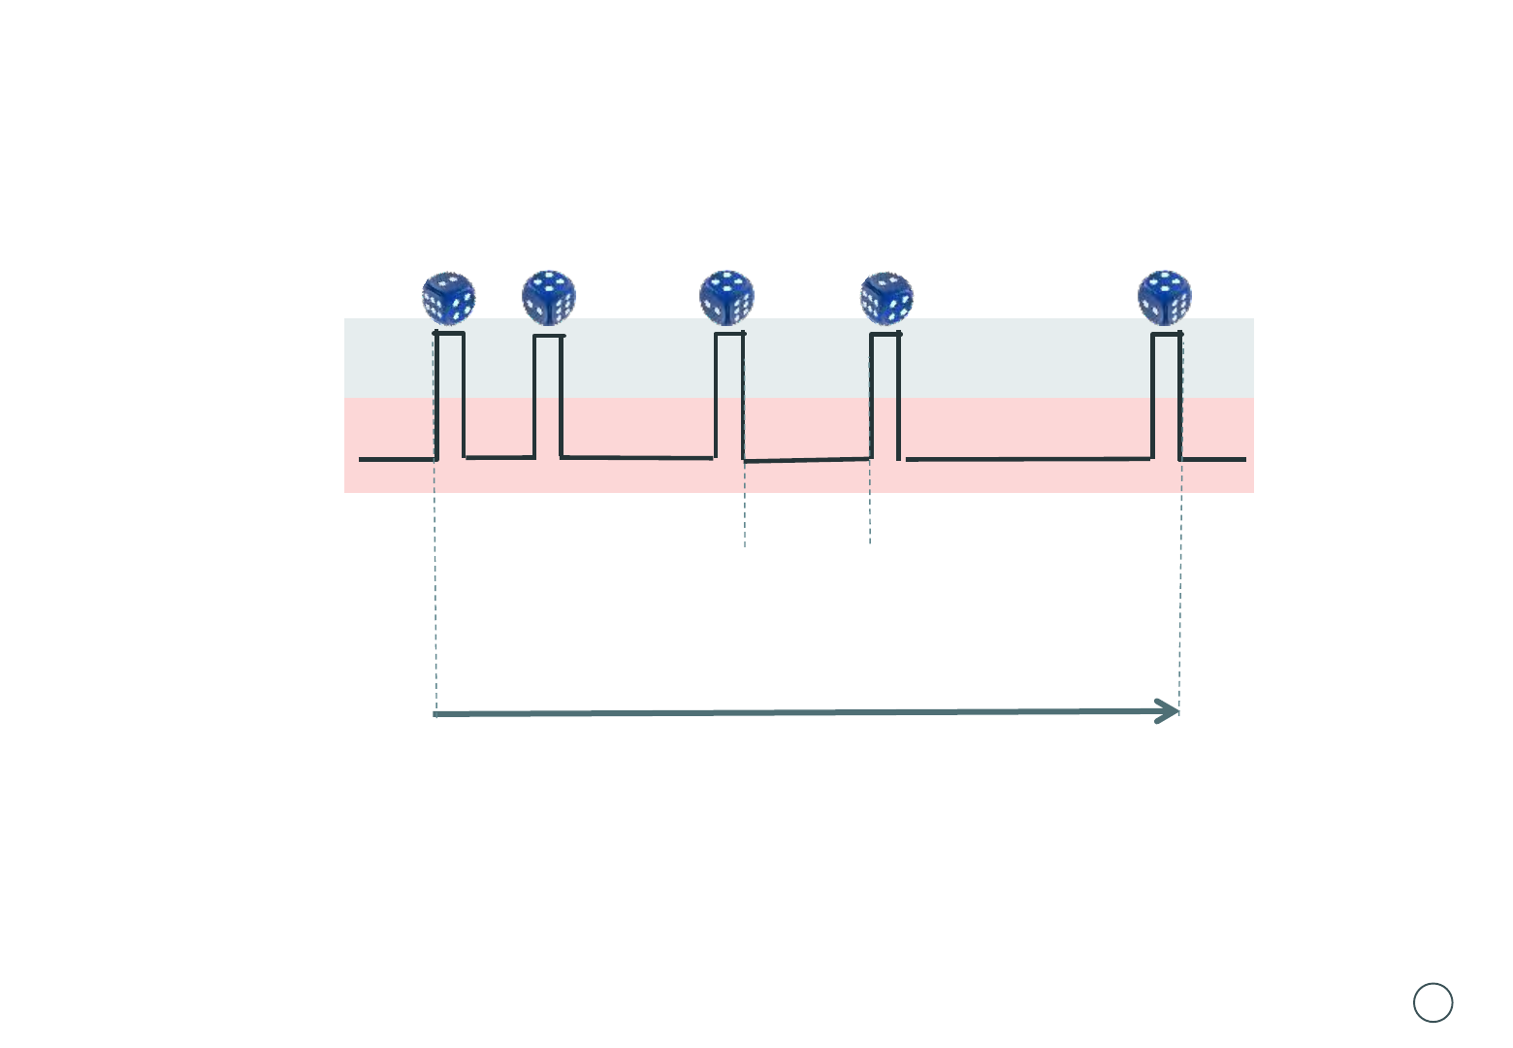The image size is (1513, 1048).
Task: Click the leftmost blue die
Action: click(x=448, y=298)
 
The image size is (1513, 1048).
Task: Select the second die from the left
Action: click(x=549, y=297)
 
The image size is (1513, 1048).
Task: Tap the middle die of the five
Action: click(x=726, y=297)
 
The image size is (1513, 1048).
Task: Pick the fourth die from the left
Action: click(x=886, y=298)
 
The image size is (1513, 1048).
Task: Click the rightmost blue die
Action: click(x=1164, y=297)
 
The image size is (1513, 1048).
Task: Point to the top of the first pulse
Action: click(x=450, y=334)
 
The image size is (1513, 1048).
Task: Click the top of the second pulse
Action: click(x=549, y=337)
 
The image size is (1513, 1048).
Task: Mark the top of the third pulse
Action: click(x=729, y=334)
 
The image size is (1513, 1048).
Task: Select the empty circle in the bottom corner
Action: click(x=1433, y=1002)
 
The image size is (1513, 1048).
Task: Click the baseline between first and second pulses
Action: click(x=499, y=457)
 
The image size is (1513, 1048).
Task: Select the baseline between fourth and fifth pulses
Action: click(x=1028, y=459)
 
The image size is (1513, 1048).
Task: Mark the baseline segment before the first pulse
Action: click(x=396, y=459)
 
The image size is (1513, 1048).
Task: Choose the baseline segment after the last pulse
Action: click(x=1213, y=459)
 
